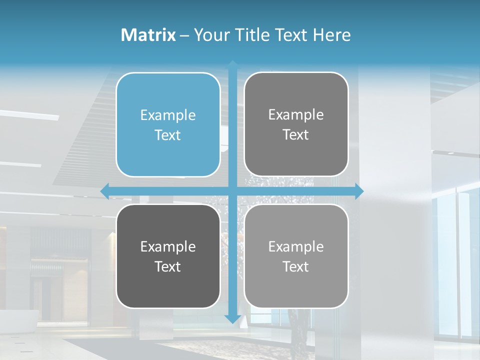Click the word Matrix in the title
click(148, 35)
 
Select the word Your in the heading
click(211, 35)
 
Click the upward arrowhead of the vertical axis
click(232, 64)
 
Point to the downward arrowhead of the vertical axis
click(232, 318)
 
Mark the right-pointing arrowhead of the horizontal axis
click(359, 191)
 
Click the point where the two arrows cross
click(232, 191)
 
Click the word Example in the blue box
click(168, 115)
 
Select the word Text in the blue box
click(168, 135)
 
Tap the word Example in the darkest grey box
click(168, 246)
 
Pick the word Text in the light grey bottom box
click(296, 266)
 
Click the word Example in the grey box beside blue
click(296, 115)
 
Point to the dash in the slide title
click(184, 35)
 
